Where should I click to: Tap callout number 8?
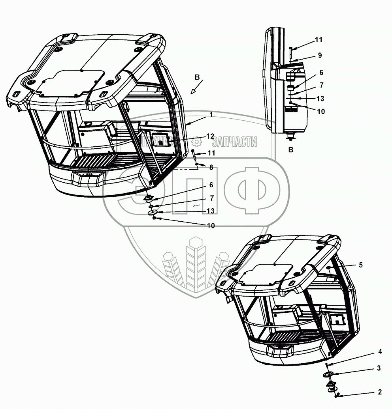211,167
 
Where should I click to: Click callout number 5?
360,265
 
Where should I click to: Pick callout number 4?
380,351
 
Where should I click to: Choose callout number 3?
379,368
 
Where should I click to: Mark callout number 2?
380,392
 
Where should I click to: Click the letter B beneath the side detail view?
291,150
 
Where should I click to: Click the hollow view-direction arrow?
194,90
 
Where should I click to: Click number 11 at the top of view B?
318,40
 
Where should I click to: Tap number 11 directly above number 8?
211,152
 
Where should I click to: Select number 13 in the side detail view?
320,98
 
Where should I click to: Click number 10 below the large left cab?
211,226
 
